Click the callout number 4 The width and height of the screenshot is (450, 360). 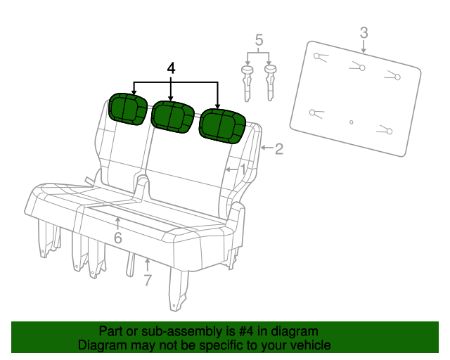click(x=170, y=68)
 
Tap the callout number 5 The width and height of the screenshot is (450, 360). click(x=259, y=41)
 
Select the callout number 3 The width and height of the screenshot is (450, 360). click(x=364, y=32)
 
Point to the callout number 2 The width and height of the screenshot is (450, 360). click(x=278, y=148)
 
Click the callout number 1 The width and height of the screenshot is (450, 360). click(x=243, y=169)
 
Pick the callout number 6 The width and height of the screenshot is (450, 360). click(x=117, y=238)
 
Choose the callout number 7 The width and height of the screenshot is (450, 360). click(x=147, y=281)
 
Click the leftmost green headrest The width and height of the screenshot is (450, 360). click(x=127, y=108)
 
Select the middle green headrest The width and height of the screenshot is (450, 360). click(x=172, y=116)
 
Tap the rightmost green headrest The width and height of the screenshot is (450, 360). click(x=222, y=125)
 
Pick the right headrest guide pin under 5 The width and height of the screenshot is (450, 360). click(x=270, y=82)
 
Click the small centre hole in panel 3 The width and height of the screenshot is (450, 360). click(x=351, y=122)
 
